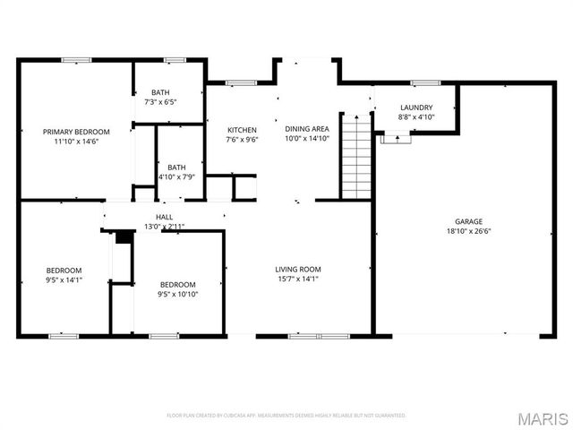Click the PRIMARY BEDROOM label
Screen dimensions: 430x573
pyautogui.click(x=76, y=131)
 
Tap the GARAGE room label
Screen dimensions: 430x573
pyautogui.click(x=468, y=220)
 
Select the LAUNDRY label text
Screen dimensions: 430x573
pyautogui.click(x=416, y=107)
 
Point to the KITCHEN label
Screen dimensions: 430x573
pyautogui.click(x=242, y=130)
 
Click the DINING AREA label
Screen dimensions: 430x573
pyautogui.click(x=307, y=129)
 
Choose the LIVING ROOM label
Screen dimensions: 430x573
pyautogui.click(x=297, y=269)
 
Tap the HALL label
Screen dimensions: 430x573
pyautogui.click(x=165, y=217)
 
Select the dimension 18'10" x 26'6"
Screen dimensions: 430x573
pyautogui.click(x=468, y=230)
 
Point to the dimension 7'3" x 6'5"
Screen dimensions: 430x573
pyautogui.click(x=161, y=102)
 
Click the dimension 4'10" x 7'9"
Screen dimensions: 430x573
pyautogui.click(x=176, y=176)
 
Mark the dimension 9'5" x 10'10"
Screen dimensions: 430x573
pyautogui.click(x=178, y=294)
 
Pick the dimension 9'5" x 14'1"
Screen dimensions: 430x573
pyautogui.click(x=64, y=279)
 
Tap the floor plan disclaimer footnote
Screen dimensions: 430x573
pyautogui.click(x=286, y=416)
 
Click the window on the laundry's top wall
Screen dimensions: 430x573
pyautogui.click(x=420, y=83)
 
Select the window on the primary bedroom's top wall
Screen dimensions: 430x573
pyautogui.click(x=76, y=60)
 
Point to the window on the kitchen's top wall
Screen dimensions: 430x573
pyautogui.click(x=241, y=83)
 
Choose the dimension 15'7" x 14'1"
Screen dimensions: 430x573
pyautogui.click(x=297, y=279)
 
